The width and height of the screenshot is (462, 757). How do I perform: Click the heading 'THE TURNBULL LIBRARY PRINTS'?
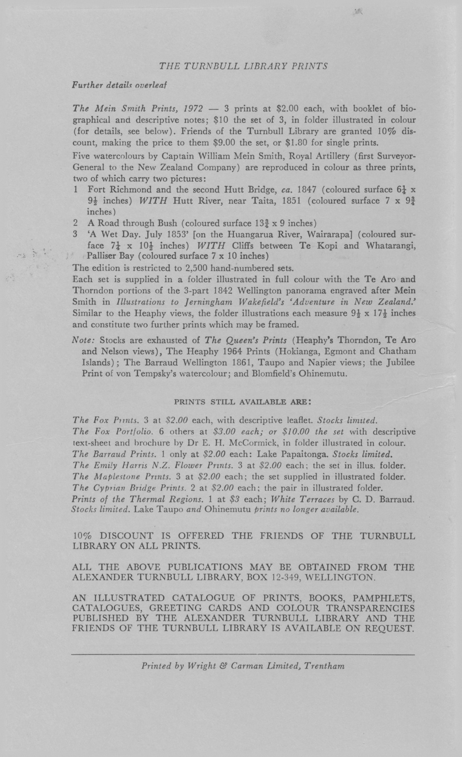[243, 66]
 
